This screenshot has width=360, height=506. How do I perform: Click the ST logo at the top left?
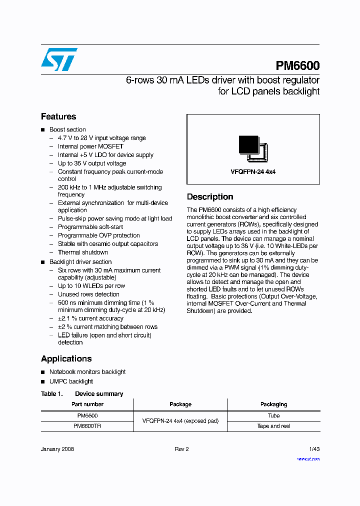[x=59, y=59]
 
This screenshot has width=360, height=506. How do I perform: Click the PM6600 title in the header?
[x=297, y=66]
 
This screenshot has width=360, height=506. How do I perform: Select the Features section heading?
[x=58, y=116]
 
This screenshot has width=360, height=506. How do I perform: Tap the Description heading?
[x=210, y=197]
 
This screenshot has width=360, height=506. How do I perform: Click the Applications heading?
[x=66, y=358]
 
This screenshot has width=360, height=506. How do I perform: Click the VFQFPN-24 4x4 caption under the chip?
[x=253, y=171]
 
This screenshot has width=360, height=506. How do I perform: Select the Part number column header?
[x=87, y=404]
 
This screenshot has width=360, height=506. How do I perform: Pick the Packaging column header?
[x=273, y=404]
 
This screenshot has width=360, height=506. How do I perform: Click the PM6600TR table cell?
[x=87, y=426]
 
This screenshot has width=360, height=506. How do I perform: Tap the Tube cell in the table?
[x=273, y=415]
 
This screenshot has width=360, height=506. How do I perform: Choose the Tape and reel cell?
[x=273, y=426]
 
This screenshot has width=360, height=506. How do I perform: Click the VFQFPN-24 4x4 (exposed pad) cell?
[x=180, y=421]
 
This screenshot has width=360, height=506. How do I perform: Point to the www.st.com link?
[x=308, y=459]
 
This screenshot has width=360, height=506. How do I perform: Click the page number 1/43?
[x=314, y=449]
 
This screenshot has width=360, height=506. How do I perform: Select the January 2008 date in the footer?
[x=57, y=449]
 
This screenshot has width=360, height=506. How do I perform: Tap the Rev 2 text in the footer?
[x=181, y=449]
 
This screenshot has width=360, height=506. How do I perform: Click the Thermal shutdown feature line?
[x=82, y=252]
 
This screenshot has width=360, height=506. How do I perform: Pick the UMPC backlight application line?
[x=71, y=381]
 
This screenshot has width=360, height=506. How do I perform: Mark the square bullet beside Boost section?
[x=43, y=130]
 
